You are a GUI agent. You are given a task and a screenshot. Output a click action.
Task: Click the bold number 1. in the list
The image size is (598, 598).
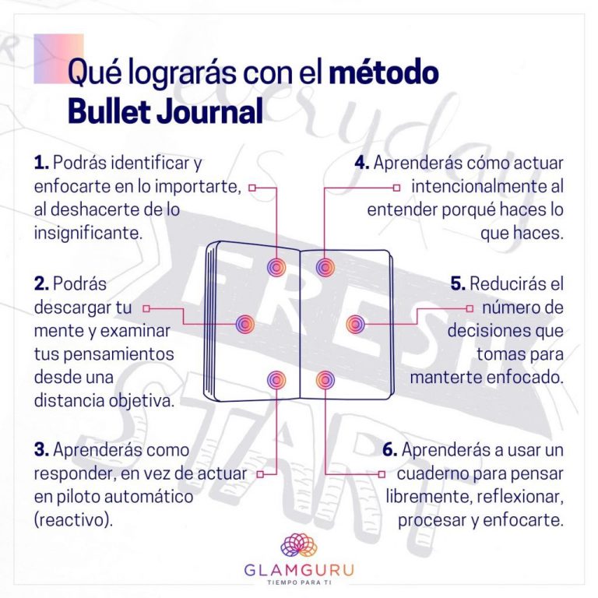tap(41, 163)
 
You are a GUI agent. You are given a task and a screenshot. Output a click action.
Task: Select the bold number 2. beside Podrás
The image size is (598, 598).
tap(41, 283)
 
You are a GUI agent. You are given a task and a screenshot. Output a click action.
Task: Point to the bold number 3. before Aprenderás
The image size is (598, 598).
tap(41, 449)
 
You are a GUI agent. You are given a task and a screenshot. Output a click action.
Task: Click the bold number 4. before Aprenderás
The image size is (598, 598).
tap(362, 163)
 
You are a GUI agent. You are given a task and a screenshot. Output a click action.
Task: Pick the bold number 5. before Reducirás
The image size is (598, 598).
tap(458, 283)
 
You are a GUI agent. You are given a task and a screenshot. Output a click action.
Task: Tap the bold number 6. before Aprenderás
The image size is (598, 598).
tap(390, 449)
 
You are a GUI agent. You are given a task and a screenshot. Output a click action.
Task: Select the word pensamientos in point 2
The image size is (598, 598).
tap(104, 354)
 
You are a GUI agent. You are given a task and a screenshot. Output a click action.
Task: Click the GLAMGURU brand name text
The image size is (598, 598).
tap(299, 570)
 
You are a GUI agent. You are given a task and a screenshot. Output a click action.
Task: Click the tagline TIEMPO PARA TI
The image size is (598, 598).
tap(299, 582)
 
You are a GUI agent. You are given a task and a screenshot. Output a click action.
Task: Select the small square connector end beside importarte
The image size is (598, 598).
tap(252, 188)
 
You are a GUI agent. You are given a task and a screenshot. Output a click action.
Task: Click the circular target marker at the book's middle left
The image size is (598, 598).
tap(244, 324)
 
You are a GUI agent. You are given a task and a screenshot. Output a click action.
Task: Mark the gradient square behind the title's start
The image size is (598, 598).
tap(58, 58)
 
